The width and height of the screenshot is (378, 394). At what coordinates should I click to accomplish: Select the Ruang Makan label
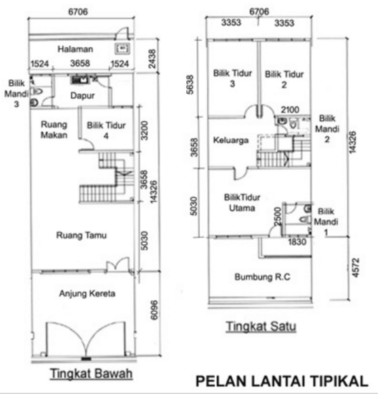(54, 129)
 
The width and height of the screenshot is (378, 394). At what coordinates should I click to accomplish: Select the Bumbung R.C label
(261, 276)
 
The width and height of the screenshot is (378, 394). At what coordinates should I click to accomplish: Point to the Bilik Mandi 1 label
(326, 221)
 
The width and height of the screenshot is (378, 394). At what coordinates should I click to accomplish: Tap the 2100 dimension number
(290, 109)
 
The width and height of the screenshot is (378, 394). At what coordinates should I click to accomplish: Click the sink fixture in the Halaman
(122, 49)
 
